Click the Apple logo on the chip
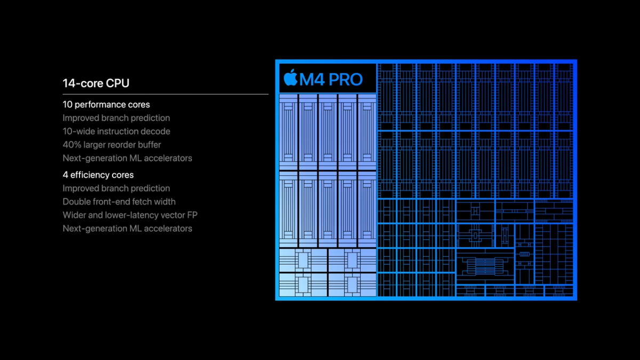click(290, 78)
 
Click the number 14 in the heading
click(69, 83)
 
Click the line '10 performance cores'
click(106, 105)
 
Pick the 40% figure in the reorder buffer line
click(72, 145)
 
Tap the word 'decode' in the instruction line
click(156, 131)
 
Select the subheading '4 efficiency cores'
click(98, 175)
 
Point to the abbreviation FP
click(192, 215)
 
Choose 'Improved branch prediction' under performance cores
click(116, 118)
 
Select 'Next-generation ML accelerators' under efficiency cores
click(127, 228)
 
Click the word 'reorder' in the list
click(114, 145)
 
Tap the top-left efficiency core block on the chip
click(302, 260)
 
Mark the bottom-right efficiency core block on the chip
click(351, 284)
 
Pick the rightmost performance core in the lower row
click(367, 208)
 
